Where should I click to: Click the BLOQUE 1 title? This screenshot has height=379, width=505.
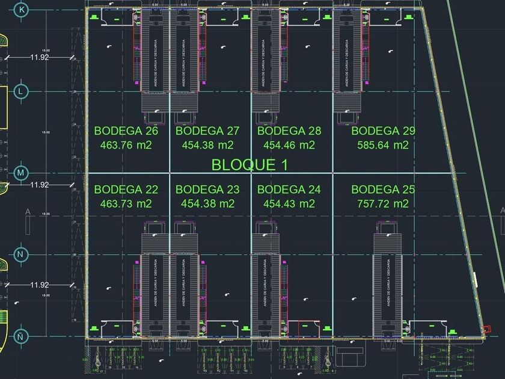pyautogui.click(x=249, y=164)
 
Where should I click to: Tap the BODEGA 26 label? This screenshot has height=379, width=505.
pyautogui.click(x=126, y=131)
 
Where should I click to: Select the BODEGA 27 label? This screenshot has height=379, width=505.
pyautogui.click(x=207, y=131)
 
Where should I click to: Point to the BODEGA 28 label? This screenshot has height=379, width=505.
pyautogui.click(x=289, y=131)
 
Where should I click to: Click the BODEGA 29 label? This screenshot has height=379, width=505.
pyautogui.click(x=383, y=131)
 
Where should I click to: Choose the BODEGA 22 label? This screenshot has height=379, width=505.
pyautogui.click(x=126, y=190)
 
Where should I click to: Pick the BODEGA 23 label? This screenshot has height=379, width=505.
pyautogui.click(x=207, y=190)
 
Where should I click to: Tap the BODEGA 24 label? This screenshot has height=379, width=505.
pyautogui.click(x=289, y=190)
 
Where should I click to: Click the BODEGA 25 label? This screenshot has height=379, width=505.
pyautogui.click(x=383, y=190)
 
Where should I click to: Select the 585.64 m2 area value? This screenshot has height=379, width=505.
pyautogui.click(x=383, y=145)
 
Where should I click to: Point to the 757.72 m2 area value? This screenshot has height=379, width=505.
pyautogui.click(x=383, y=204)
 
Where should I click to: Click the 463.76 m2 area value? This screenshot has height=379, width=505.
pyautogui.click(x=126, y=145)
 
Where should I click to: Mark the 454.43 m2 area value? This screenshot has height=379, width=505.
pyautogui.click(x=289, y=204)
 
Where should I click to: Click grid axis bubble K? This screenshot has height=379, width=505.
pyautogui.click(x=22, y=10)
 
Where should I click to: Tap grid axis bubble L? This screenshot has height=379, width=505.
pyautogui.click(x=21, y=91)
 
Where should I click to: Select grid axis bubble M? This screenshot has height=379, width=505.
pyautogui.click(x=21, y=173)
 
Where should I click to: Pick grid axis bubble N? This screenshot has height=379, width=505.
pyautogui.click(x=21, y=254)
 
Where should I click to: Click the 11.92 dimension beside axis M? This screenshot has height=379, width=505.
pyautogui.click(x=40, y=185)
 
